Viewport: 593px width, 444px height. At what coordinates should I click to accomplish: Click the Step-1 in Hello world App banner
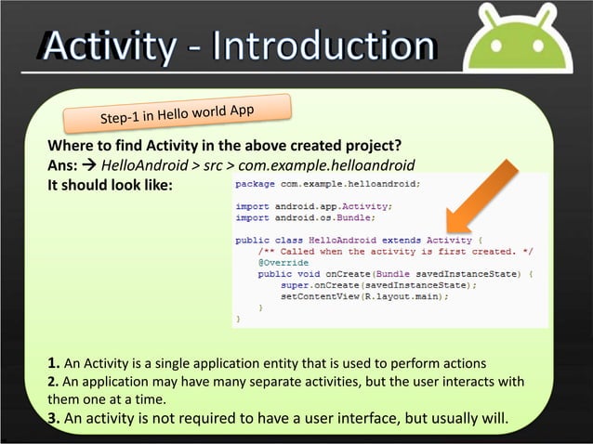pyautogui.click(x=178, y=116)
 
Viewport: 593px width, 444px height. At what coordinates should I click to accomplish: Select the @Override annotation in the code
pyautogui.click(x=283, y=263)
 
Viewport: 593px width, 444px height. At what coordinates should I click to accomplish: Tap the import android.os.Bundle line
pyautogui.click(x=305, y=217)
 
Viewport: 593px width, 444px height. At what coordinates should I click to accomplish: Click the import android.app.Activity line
pyautogui.click(x=313, y=206)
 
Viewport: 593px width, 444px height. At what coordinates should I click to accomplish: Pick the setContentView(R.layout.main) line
pyautogui.click(x=364, y=296)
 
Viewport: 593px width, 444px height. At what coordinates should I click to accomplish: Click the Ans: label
pyautogui.click(x=62, y=165)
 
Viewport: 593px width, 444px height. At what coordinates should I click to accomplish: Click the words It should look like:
pyautogui.click(x=110, y=184)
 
